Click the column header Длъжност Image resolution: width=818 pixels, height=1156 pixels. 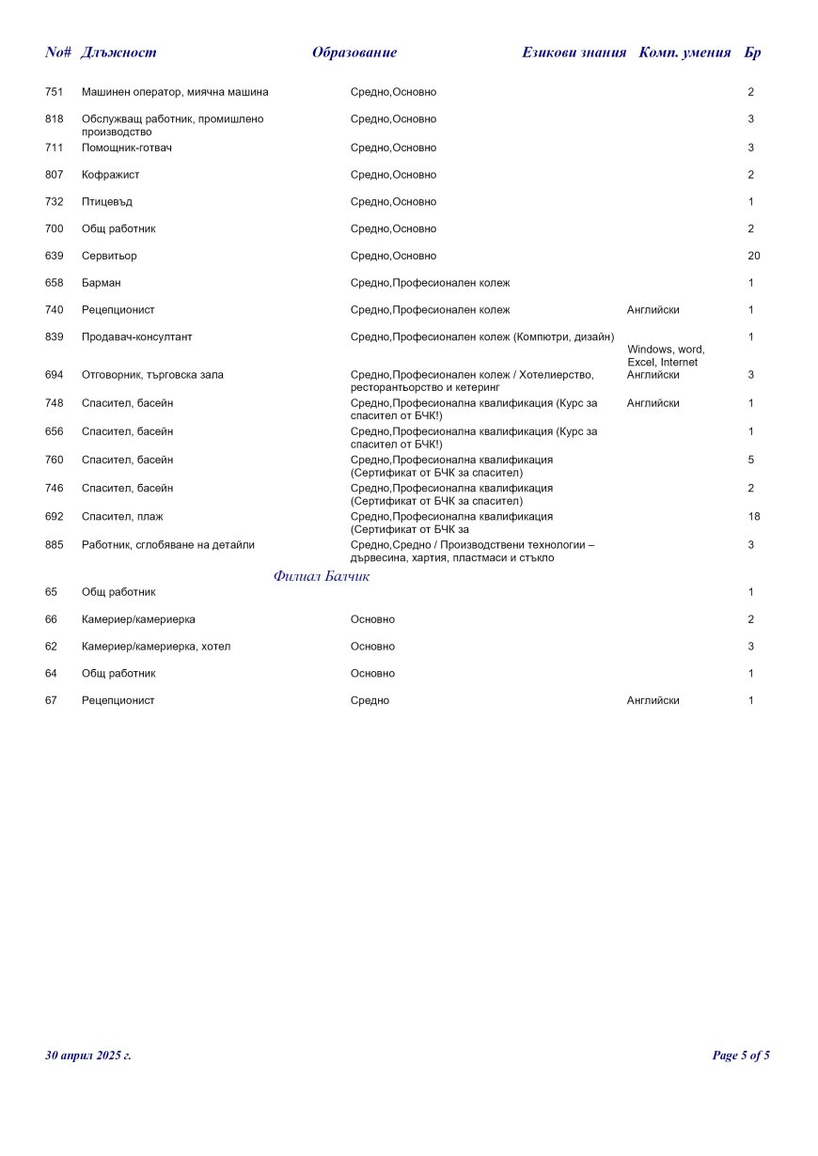click(118, 53)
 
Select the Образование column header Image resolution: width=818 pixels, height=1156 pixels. click(354, 53)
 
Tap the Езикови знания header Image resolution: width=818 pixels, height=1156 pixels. click(574, 53)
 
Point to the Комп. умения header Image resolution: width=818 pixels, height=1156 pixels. click(684, 53)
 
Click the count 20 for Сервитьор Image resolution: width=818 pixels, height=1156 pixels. click(753, 256)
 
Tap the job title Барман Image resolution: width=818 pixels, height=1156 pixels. click(101, 283)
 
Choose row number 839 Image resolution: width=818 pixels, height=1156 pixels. click(55, 336)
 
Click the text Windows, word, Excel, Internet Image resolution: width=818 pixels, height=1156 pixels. click(666, 356)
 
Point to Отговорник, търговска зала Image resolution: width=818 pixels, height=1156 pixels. click(152, 375)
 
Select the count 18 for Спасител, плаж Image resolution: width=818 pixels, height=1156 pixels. click(753, 517)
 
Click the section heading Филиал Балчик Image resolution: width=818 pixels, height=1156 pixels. click(322, 576)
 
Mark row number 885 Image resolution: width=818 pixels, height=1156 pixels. click(55, 545)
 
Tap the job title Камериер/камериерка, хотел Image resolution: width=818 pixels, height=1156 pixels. click(156, 647)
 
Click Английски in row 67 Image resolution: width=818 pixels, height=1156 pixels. click(653, 701)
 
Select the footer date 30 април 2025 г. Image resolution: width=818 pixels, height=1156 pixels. click(88, 1055)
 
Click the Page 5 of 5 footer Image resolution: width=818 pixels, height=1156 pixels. click(741, 1055)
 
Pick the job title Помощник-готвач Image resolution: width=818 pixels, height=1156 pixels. click(127, 148)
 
